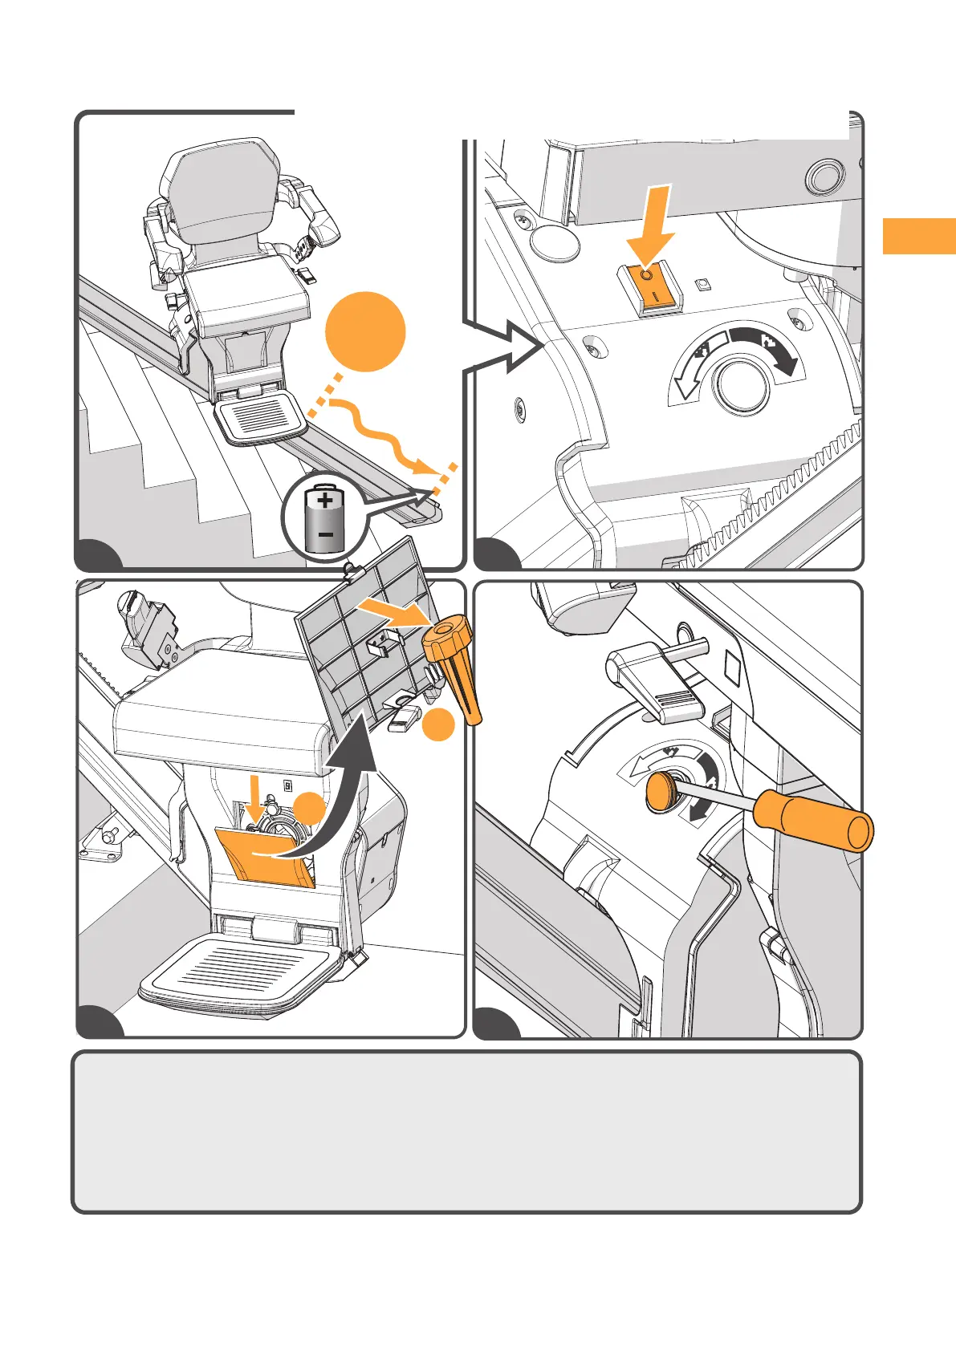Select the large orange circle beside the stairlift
coord(365,331)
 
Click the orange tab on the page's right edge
coord(919,236)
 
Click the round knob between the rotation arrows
coord(743,385)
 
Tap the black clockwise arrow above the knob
coord(767,346)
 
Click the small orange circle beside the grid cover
coord(438,725)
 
